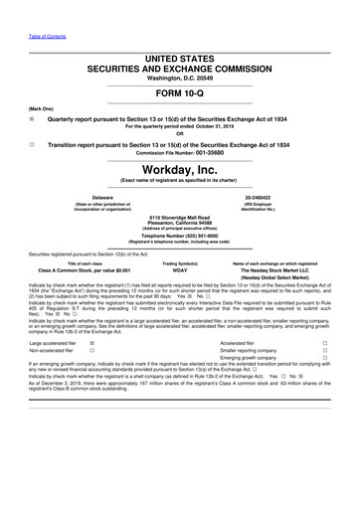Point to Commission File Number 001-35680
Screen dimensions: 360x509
(x=210, y=154)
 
